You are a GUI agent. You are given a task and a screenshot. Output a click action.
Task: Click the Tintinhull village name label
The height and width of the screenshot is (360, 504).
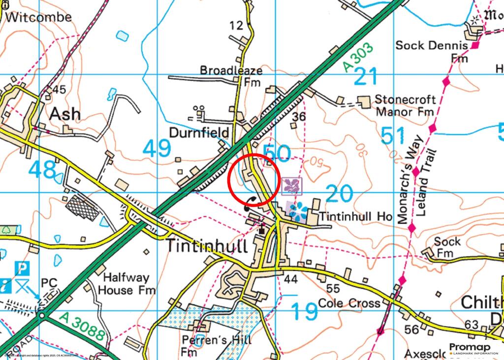coord(206,245)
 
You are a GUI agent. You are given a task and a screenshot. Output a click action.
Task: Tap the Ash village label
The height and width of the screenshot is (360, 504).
coord(65,114)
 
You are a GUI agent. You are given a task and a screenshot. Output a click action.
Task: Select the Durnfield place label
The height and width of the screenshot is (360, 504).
coord(199,133)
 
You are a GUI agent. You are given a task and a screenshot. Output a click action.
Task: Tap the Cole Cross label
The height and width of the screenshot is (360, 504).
coord(349,303)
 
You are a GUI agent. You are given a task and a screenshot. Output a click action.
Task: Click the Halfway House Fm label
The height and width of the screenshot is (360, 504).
coord(126,284)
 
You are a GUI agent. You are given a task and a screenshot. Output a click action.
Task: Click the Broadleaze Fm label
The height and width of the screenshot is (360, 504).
coord(231,76)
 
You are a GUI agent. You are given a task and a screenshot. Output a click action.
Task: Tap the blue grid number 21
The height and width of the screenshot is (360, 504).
coord(366,77)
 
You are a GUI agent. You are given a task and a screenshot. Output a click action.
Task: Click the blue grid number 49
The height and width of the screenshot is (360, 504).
coord(157,148)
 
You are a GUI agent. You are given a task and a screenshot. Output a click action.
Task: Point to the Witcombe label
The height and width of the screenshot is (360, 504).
coord(39,17)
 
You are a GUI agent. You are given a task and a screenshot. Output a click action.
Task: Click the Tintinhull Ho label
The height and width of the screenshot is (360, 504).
coord(355,216)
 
